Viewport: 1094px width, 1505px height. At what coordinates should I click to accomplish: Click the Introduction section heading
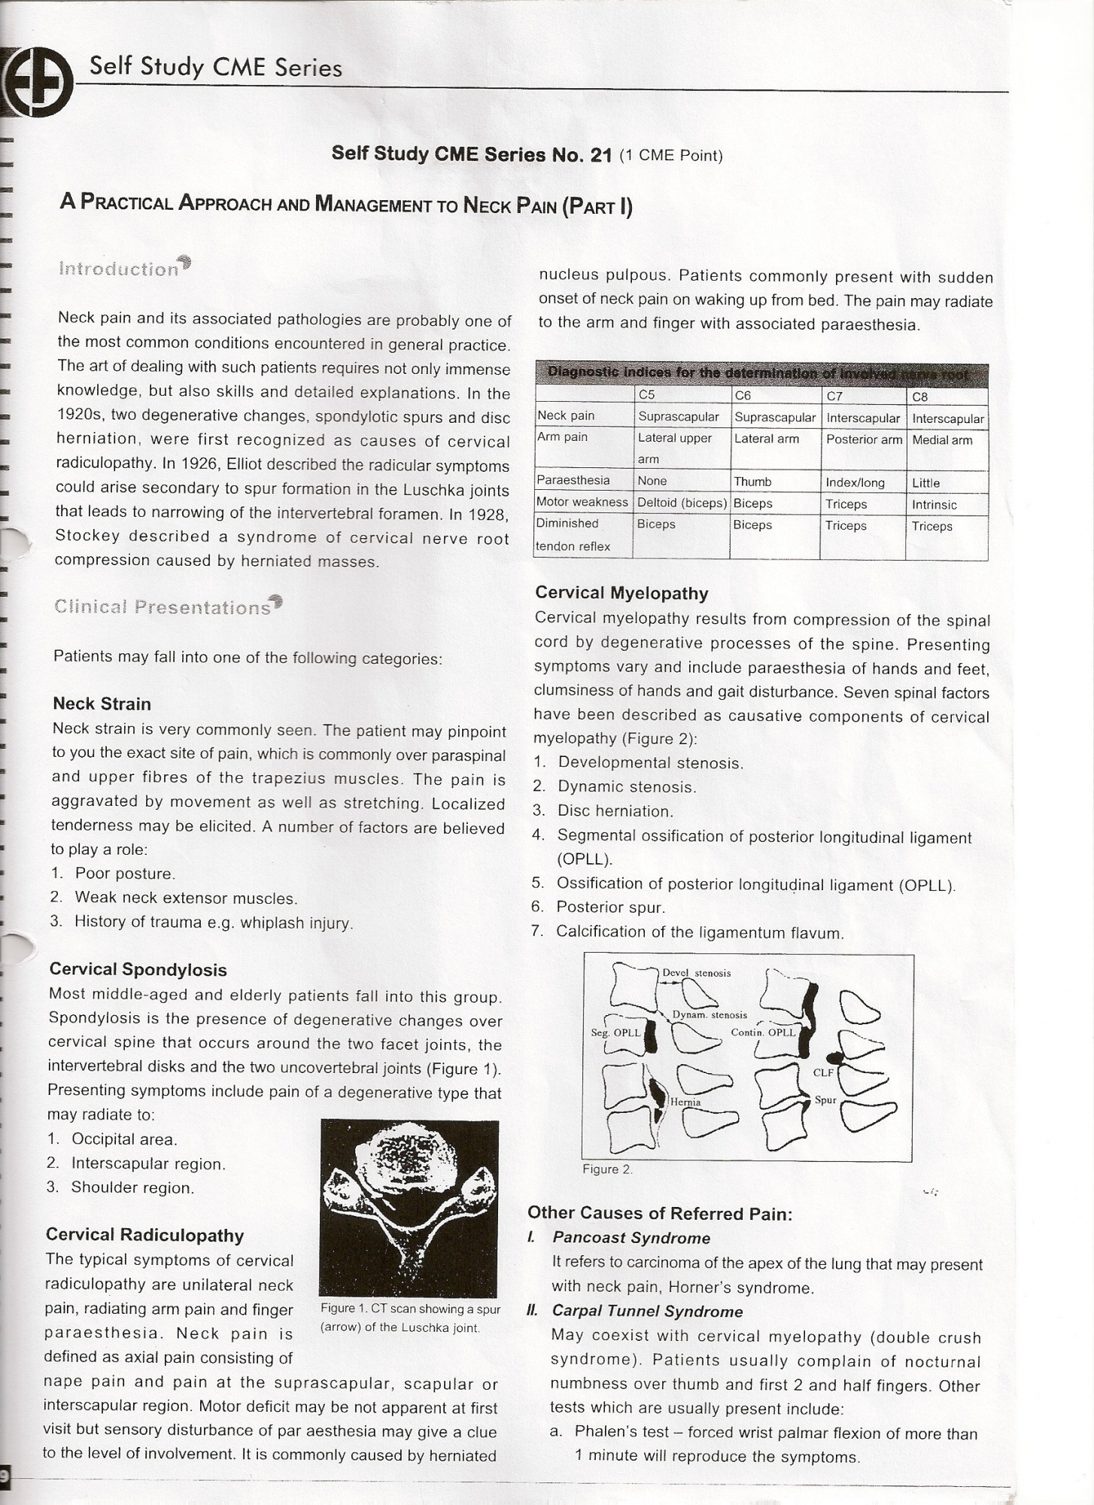tap(118, 269)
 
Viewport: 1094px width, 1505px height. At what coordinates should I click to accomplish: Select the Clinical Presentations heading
tap(163, 607)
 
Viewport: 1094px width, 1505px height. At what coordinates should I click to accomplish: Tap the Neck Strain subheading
tap(102, 704)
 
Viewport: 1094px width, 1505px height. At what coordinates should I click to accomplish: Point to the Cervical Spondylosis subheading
tap(138, 969)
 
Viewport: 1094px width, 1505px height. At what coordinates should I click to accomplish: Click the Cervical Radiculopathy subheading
tap(144, 1235)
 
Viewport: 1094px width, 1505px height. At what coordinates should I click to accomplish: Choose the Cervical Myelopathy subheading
tap(621, 593)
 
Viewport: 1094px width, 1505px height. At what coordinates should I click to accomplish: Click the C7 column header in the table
tap(834, 396)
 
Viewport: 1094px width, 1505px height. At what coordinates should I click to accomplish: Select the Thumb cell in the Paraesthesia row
tap(752, 482)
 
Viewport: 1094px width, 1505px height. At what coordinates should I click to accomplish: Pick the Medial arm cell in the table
tap(942, 439)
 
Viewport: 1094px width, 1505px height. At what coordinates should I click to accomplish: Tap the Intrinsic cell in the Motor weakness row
tap(934, 504)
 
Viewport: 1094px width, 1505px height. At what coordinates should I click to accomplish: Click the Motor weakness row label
tap(582, 502)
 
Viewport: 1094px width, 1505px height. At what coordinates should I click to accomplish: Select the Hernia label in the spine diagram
tap(685, 1102)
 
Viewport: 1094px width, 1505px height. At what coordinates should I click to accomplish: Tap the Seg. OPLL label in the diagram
tap(615, 1032)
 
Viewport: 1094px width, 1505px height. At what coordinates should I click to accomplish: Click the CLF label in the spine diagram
tap(823, 1072)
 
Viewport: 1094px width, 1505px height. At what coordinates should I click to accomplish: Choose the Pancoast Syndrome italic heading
tap(631, 1238)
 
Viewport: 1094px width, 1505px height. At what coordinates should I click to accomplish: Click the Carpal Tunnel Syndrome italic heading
tap(647, 1311)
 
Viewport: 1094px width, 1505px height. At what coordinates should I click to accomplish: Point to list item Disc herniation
tap(614, 811)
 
